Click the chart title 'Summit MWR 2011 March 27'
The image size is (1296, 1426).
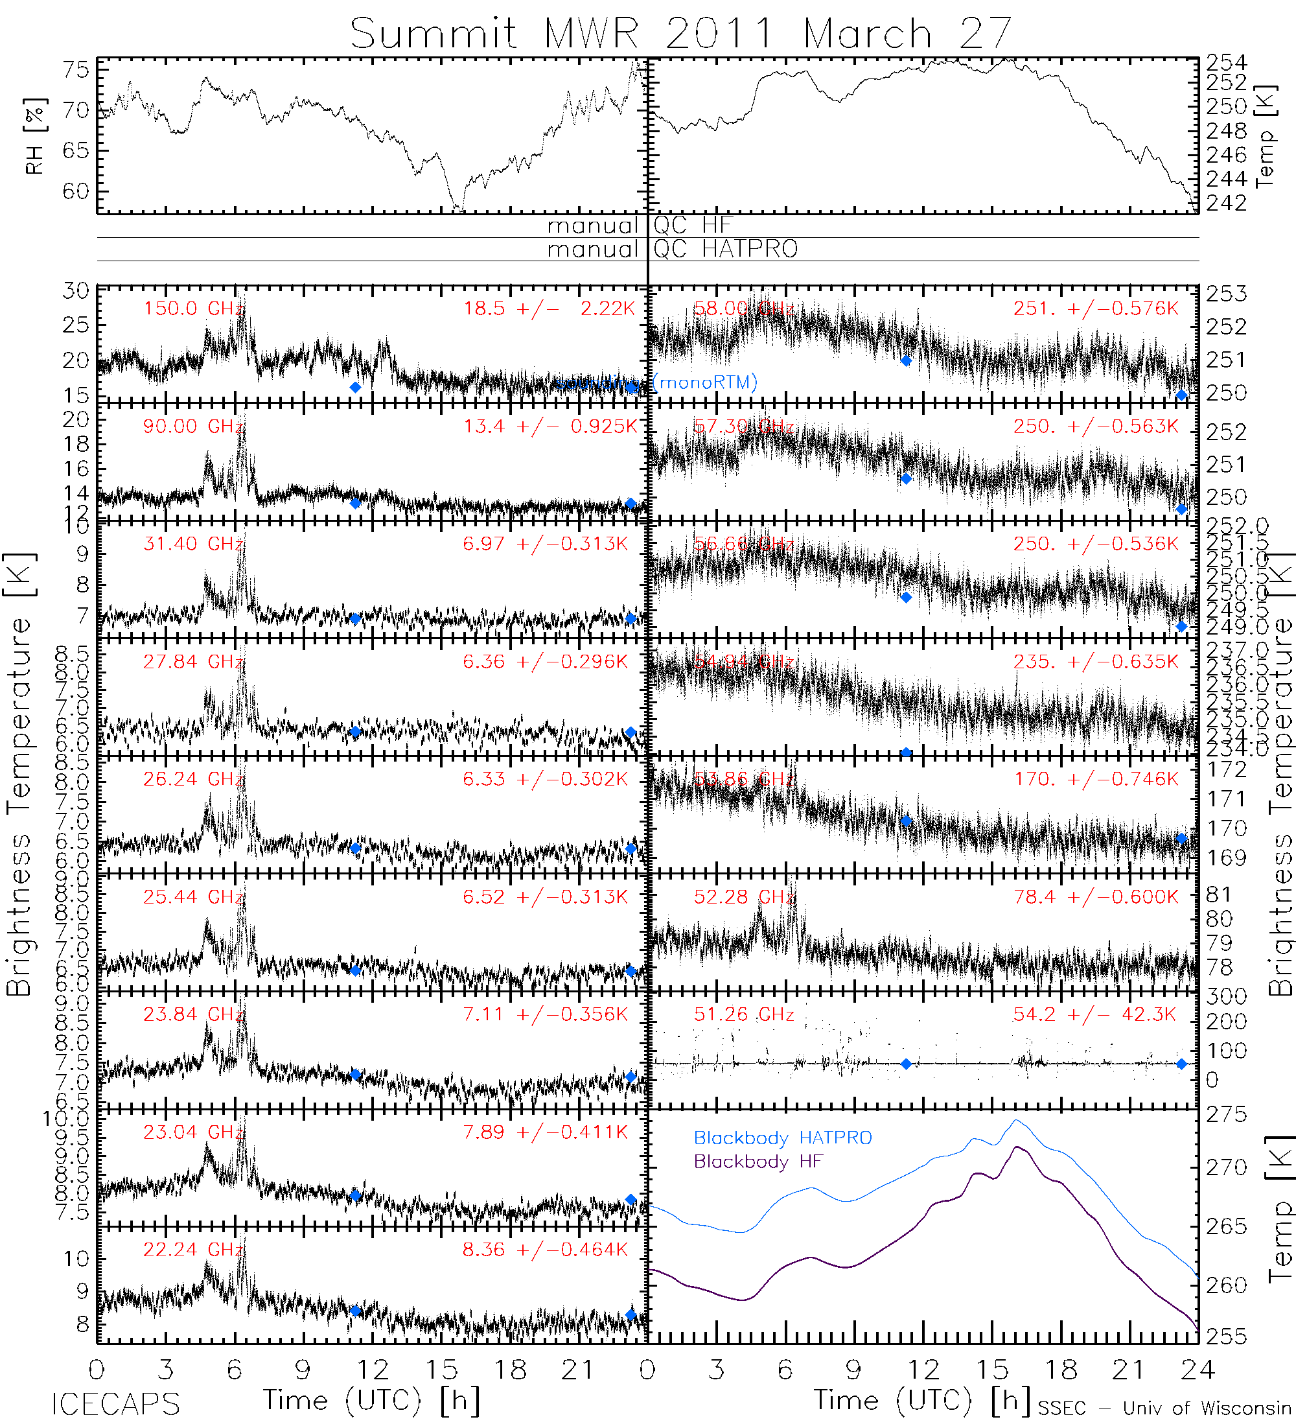pos(680,33)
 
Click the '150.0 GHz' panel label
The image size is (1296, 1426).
pos(193,309)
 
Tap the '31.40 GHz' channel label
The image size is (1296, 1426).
pos(193,544)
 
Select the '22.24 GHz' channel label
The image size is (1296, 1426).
pos(193,1250)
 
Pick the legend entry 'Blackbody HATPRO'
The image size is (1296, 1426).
pos(783,1138)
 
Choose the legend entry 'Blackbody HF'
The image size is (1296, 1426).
pos(758,1162)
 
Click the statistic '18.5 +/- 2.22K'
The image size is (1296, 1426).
pos(549,309)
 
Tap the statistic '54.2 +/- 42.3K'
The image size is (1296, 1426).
pos(1094,1014)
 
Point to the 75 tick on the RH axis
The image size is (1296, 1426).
pos(76,70)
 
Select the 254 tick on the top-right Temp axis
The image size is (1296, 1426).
pos(1226,63)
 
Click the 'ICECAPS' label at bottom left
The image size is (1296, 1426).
pos(115,1404)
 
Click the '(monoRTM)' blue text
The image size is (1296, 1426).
pos(705,382)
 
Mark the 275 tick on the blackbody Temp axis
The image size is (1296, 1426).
pos(1226,1115)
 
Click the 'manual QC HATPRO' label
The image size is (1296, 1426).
pos(672,249)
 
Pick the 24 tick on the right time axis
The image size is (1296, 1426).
pos(1197,1370)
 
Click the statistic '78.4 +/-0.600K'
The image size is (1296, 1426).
pos(1096,897)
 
